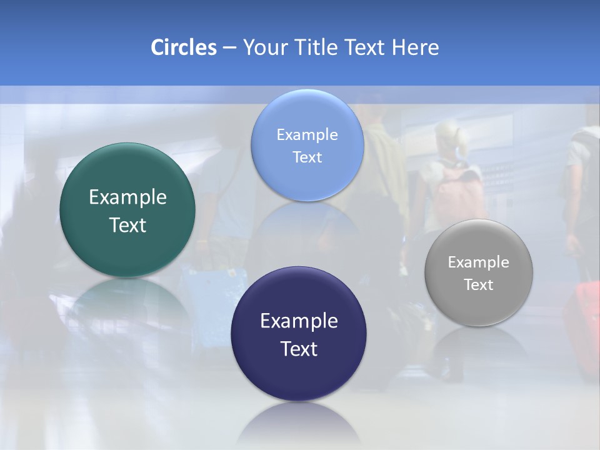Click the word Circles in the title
(183, 47)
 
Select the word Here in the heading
(416, 47)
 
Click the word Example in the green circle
(127, 197)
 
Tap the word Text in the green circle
(127, 225)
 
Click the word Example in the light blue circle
(307, 135)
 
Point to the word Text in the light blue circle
(307, 157)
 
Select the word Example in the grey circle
(478, 262)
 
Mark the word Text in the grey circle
(478, 285)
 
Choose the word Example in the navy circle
(299, 321)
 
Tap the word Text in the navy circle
(299, 349)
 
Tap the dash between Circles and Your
(229, 48)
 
